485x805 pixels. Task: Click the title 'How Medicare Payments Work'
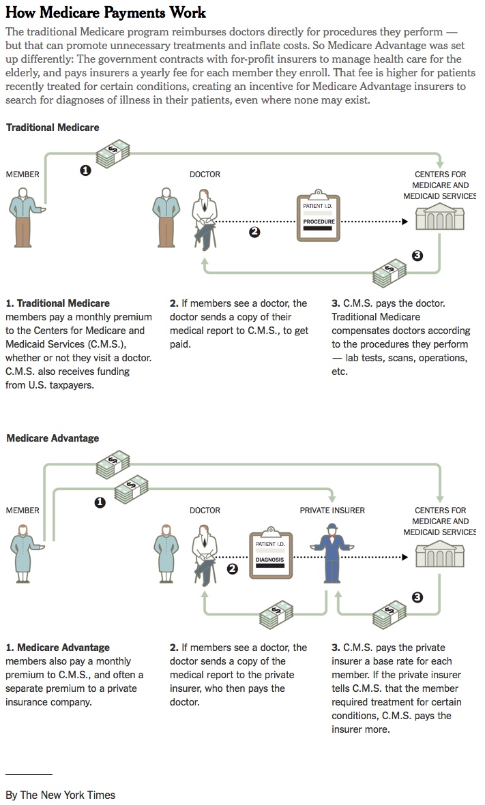point(106,13)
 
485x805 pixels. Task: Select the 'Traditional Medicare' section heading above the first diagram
point(53,127)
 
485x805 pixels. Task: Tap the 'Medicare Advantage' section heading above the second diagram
point(53,438)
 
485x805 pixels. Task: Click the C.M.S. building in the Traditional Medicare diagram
point(439,219)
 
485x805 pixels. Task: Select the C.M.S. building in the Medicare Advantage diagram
point(439,555)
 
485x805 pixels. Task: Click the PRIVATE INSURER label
point(332,510)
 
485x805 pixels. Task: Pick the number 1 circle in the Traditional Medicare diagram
point(85,170)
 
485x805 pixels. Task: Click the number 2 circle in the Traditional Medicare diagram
point(254,232)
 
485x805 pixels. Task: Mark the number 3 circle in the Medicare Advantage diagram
point(417,598)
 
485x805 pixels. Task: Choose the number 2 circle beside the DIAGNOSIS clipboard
point(232,569)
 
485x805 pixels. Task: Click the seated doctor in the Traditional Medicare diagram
point(203,219)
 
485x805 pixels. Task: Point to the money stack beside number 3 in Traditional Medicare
point(390,274)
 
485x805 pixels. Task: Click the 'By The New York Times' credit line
point(61,795)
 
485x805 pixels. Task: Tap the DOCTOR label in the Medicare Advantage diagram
point(205,510)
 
